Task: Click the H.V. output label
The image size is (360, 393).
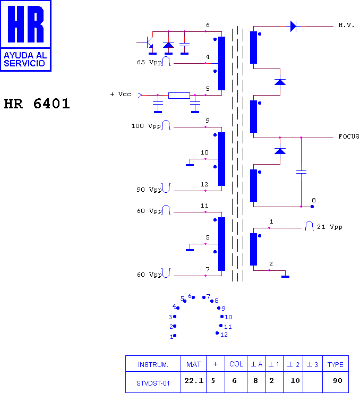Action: tap(346, 25)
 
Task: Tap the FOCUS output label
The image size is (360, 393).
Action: tap(349, 136)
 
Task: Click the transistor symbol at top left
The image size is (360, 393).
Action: tap(149, 42)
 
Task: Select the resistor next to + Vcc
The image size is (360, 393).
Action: tap(179, 95)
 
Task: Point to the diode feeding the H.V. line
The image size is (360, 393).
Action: tap(293, 26)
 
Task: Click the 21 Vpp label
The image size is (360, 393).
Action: tap(330, 227)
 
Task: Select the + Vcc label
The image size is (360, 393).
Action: tap(121, 94)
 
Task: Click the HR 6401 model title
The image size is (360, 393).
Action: tap(37, 104)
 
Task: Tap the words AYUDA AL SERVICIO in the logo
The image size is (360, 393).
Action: tap(25, 59)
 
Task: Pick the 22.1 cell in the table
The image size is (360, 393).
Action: tap(194, 381)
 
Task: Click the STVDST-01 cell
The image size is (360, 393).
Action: tap(153, 383)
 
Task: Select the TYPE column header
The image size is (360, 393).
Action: tap(336, 364)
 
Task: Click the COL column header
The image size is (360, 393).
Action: tap(236, 364)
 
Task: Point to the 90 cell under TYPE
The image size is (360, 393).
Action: tap(338, 381)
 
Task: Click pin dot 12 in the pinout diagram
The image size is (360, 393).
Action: tap(217, 333)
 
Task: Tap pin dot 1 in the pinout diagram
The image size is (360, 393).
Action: tap(175, 336)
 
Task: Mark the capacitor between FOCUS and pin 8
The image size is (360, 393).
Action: tap(301, 172)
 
